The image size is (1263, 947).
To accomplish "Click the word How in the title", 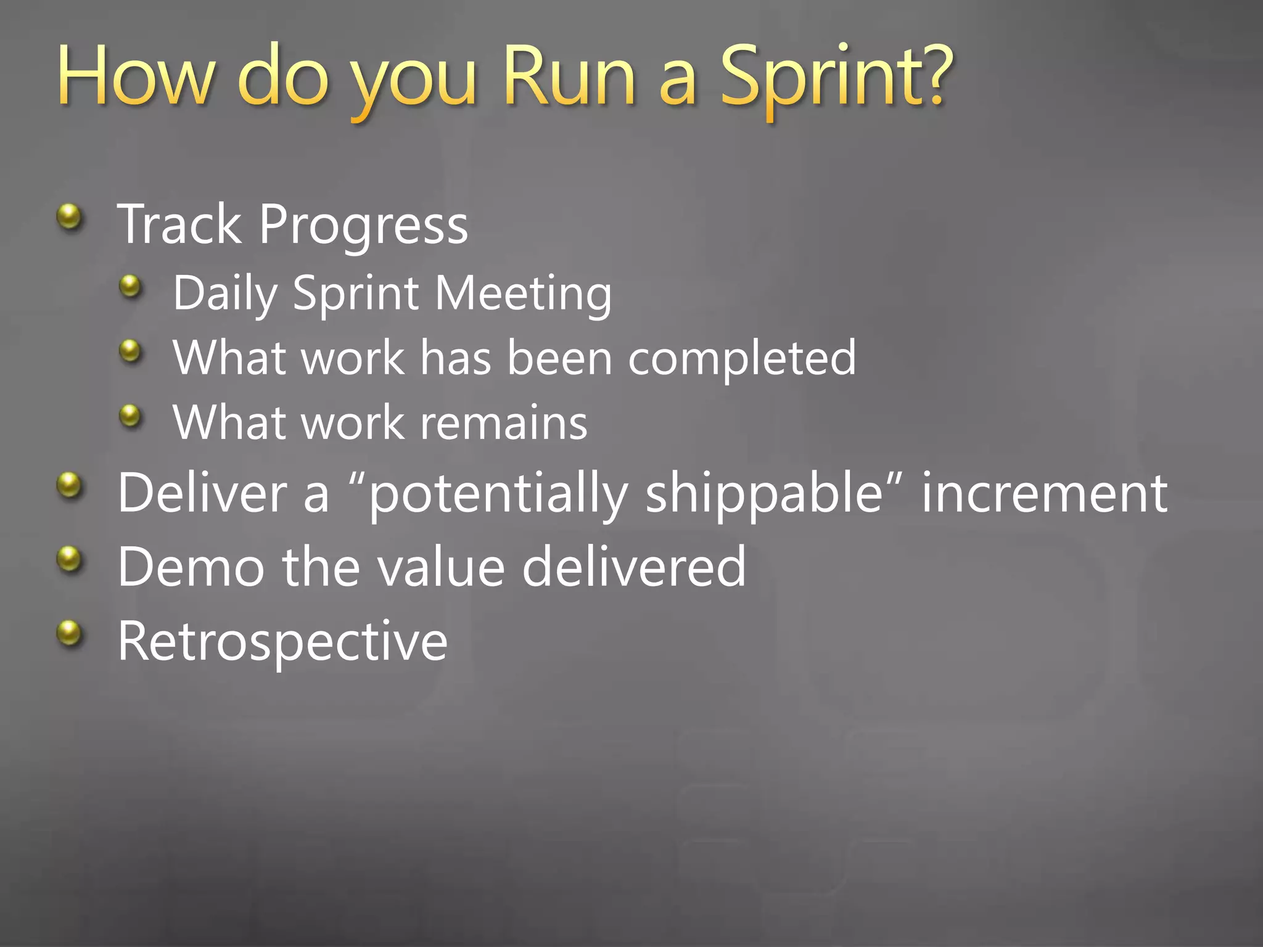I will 136,78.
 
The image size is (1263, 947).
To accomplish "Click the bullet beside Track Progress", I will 69,217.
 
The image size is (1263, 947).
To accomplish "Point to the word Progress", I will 363,226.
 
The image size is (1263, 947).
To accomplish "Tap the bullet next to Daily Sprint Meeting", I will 130,286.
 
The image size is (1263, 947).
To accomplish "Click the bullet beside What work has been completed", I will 130,351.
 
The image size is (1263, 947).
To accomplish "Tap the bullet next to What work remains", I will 130,416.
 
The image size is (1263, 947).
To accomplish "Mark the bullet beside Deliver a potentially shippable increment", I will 69,485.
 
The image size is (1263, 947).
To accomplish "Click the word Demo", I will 191,567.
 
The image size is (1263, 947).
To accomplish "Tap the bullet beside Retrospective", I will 69,633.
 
